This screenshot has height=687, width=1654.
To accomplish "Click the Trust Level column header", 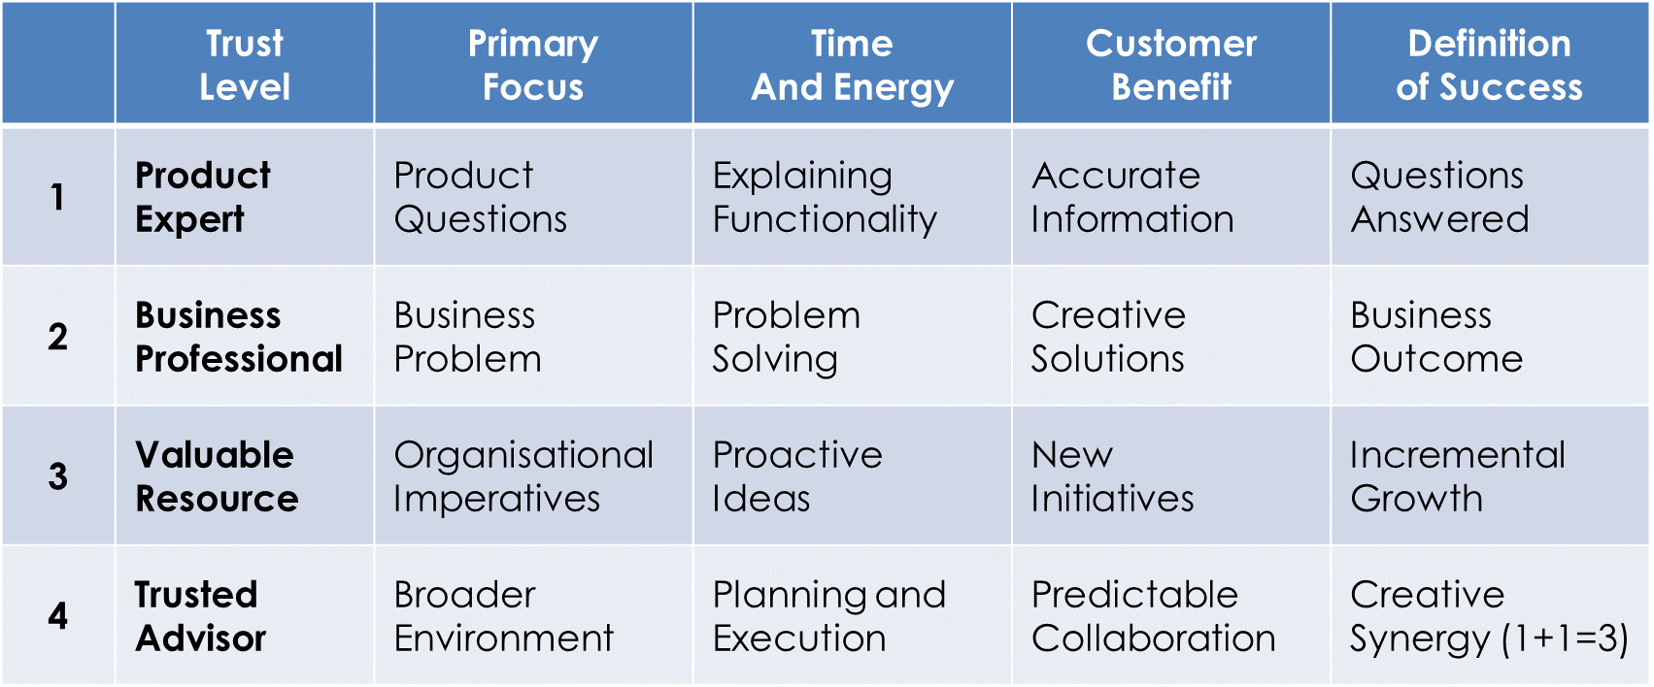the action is point(245,64).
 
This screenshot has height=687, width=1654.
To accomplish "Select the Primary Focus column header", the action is point(533,64).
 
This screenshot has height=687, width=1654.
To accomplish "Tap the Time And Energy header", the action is point(852,64).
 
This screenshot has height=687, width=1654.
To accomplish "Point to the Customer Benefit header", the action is point(1171,64).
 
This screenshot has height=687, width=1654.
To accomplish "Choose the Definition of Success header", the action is point(1489,64).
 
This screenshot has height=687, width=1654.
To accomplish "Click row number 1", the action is point(57,197).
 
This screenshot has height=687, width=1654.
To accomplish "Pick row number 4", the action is point(57,615).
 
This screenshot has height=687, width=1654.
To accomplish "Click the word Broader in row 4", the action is point(464,595).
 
